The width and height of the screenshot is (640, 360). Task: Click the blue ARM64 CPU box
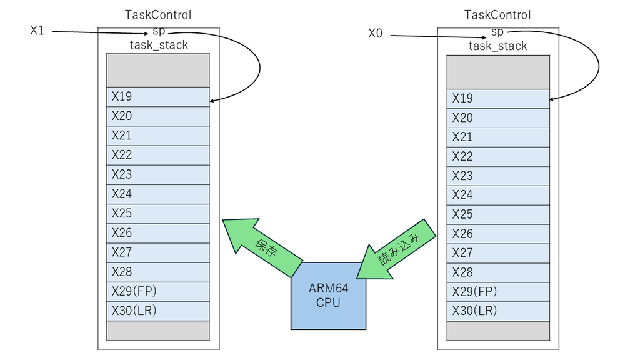coord(328,296)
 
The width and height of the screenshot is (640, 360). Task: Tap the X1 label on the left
coord(37,31)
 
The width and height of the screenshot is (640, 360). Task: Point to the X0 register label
coord(375,34)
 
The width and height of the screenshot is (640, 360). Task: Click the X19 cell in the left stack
coord(158,97)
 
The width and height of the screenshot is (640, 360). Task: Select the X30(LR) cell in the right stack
coord(498,311)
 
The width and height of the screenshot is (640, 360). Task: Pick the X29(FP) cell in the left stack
coord(158,292)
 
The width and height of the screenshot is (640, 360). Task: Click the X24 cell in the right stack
coord(498,195)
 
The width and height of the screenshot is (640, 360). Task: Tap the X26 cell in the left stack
coord(158,233)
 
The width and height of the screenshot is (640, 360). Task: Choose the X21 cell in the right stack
coord(498,137)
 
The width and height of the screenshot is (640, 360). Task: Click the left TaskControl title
coord(158,15)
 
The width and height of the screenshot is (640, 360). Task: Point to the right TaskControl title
coord(497,15)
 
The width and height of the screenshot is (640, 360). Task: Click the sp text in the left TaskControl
coord(159,31)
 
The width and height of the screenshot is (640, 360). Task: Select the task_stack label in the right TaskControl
coord(497,46)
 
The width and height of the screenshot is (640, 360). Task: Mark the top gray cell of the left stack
coord(158,70)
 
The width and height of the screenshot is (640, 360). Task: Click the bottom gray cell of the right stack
coord(498,331)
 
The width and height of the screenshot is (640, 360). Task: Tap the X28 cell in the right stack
coord(498,272)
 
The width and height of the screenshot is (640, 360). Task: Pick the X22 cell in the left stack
coord(158,155)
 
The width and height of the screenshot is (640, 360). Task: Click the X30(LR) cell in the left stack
coord(158,311)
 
